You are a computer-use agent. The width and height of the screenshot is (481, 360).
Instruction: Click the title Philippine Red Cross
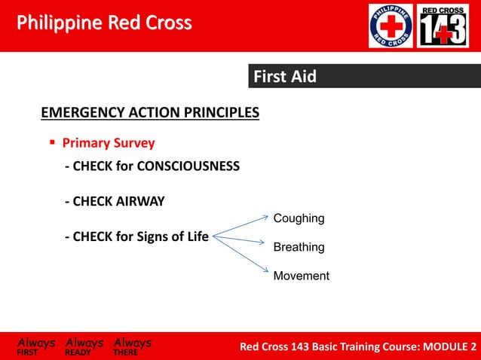coord(104,23)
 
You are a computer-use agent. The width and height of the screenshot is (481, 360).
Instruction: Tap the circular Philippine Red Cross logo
coord(390,26)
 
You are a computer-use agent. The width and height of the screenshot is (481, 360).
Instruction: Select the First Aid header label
coord(284,77)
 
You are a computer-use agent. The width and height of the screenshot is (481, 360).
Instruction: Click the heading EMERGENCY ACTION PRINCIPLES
coord(149,113)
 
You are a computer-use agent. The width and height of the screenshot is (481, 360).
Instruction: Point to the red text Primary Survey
coord(109,143)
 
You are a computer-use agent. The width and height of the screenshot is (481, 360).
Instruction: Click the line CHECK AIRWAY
coord(115,201)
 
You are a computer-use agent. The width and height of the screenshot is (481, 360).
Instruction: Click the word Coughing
coord(299,218)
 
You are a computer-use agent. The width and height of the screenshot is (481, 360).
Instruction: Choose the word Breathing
coord(299,247)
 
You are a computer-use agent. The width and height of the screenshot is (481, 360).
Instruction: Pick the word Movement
coord(301,276)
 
